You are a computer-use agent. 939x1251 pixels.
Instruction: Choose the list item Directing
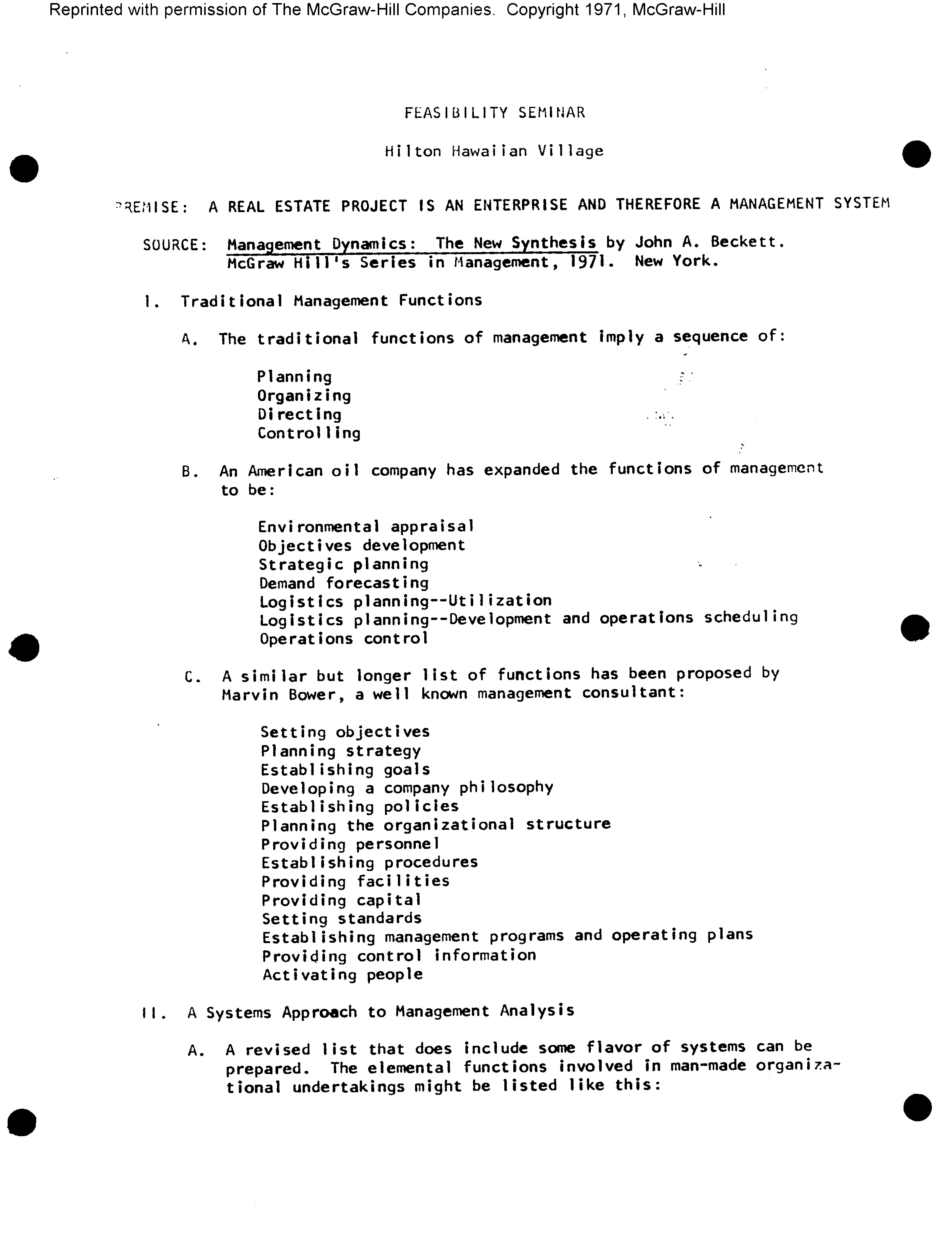[x=300, y=415]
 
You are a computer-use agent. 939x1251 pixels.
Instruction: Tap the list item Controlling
[x=309, y=433]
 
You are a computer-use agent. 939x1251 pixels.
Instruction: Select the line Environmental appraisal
[x=366, y=526]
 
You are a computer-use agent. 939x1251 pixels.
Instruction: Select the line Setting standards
[x=341, y=919]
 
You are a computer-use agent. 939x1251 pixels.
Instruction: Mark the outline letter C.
[x=190, y=677]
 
